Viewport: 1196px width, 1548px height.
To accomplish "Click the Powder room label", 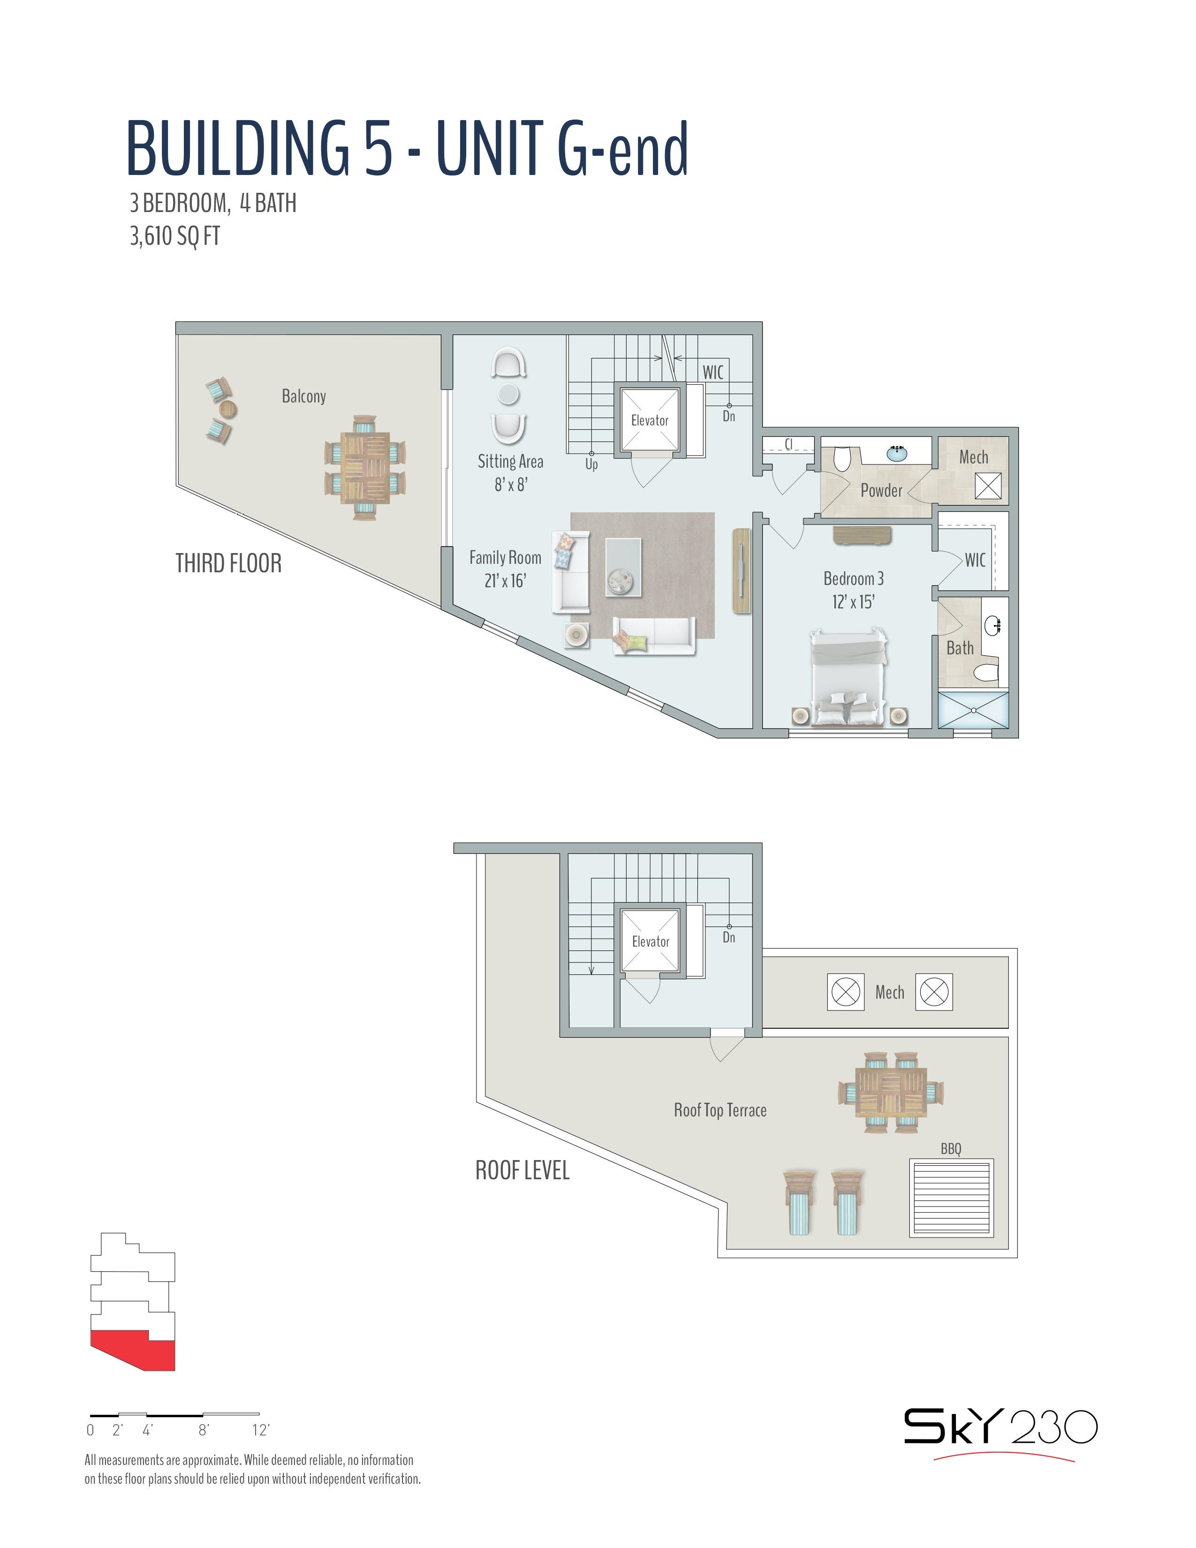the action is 881,491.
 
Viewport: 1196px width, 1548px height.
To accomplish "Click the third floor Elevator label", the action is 650,420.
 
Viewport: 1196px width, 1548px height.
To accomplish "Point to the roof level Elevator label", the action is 651,941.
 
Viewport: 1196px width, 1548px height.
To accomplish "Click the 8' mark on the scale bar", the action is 204,1430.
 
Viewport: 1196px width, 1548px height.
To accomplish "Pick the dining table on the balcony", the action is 365,468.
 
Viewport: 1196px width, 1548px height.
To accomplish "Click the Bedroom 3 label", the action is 853,578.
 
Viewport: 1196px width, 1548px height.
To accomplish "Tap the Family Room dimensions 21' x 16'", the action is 505,581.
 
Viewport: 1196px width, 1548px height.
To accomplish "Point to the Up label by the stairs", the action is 591,464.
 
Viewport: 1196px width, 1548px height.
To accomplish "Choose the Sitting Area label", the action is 510,462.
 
